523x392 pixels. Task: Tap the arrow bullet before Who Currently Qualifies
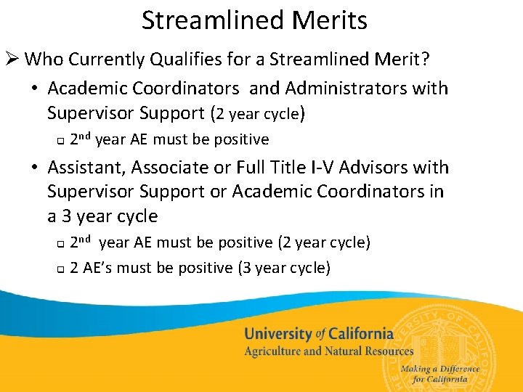point(13,59)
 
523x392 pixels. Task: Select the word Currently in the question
point(115,59)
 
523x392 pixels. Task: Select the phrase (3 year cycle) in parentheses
point(284,268)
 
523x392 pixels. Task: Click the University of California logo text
point(318,334)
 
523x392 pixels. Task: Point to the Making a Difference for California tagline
point(440,373)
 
